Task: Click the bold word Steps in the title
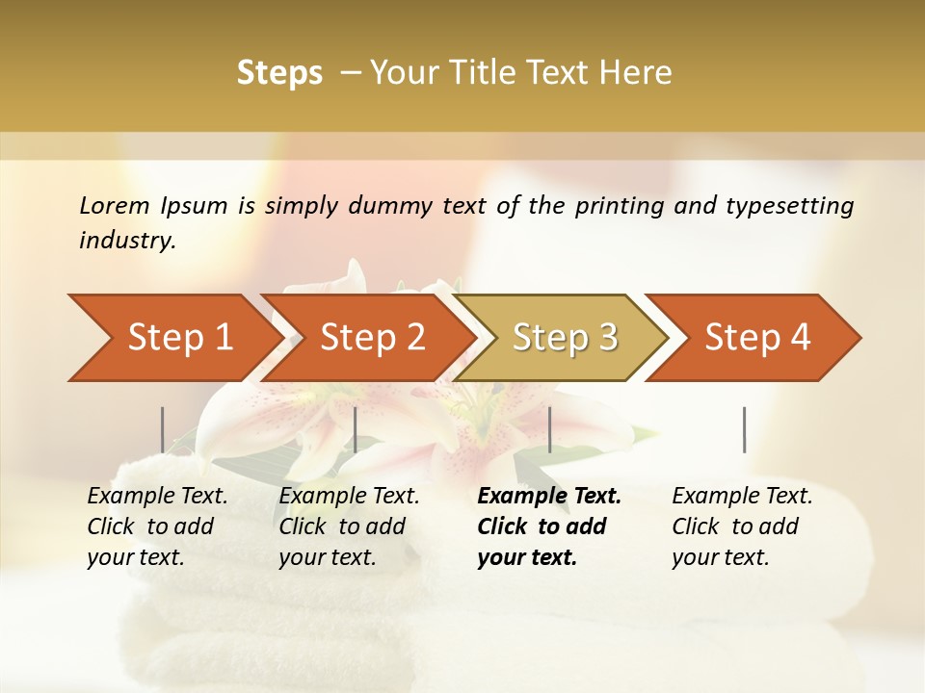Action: [x=279, y=73]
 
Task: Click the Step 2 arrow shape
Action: [x=371, y=338]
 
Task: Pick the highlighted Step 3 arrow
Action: [x=564, y=338]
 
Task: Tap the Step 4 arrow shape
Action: [x=756, y=338]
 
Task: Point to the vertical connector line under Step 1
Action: [x=162, y=429]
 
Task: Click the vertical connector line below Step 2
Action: [x=356, y=429]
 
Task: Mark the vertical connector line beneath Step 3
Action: [x=549, y=429]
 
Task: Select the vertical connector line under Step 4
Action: [x=744, y=429]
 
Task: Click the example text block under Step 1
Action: [x=157, y=526]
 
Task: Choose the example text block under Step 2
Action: [x=349, y=526]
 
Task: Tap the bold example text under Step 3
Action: [x=548, y=526]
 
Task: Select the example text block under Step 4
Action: [x=742, y=526]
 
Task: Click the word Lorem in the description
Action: [x=115, y=206]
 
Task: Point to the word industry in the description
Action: [x=126, y=241]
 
